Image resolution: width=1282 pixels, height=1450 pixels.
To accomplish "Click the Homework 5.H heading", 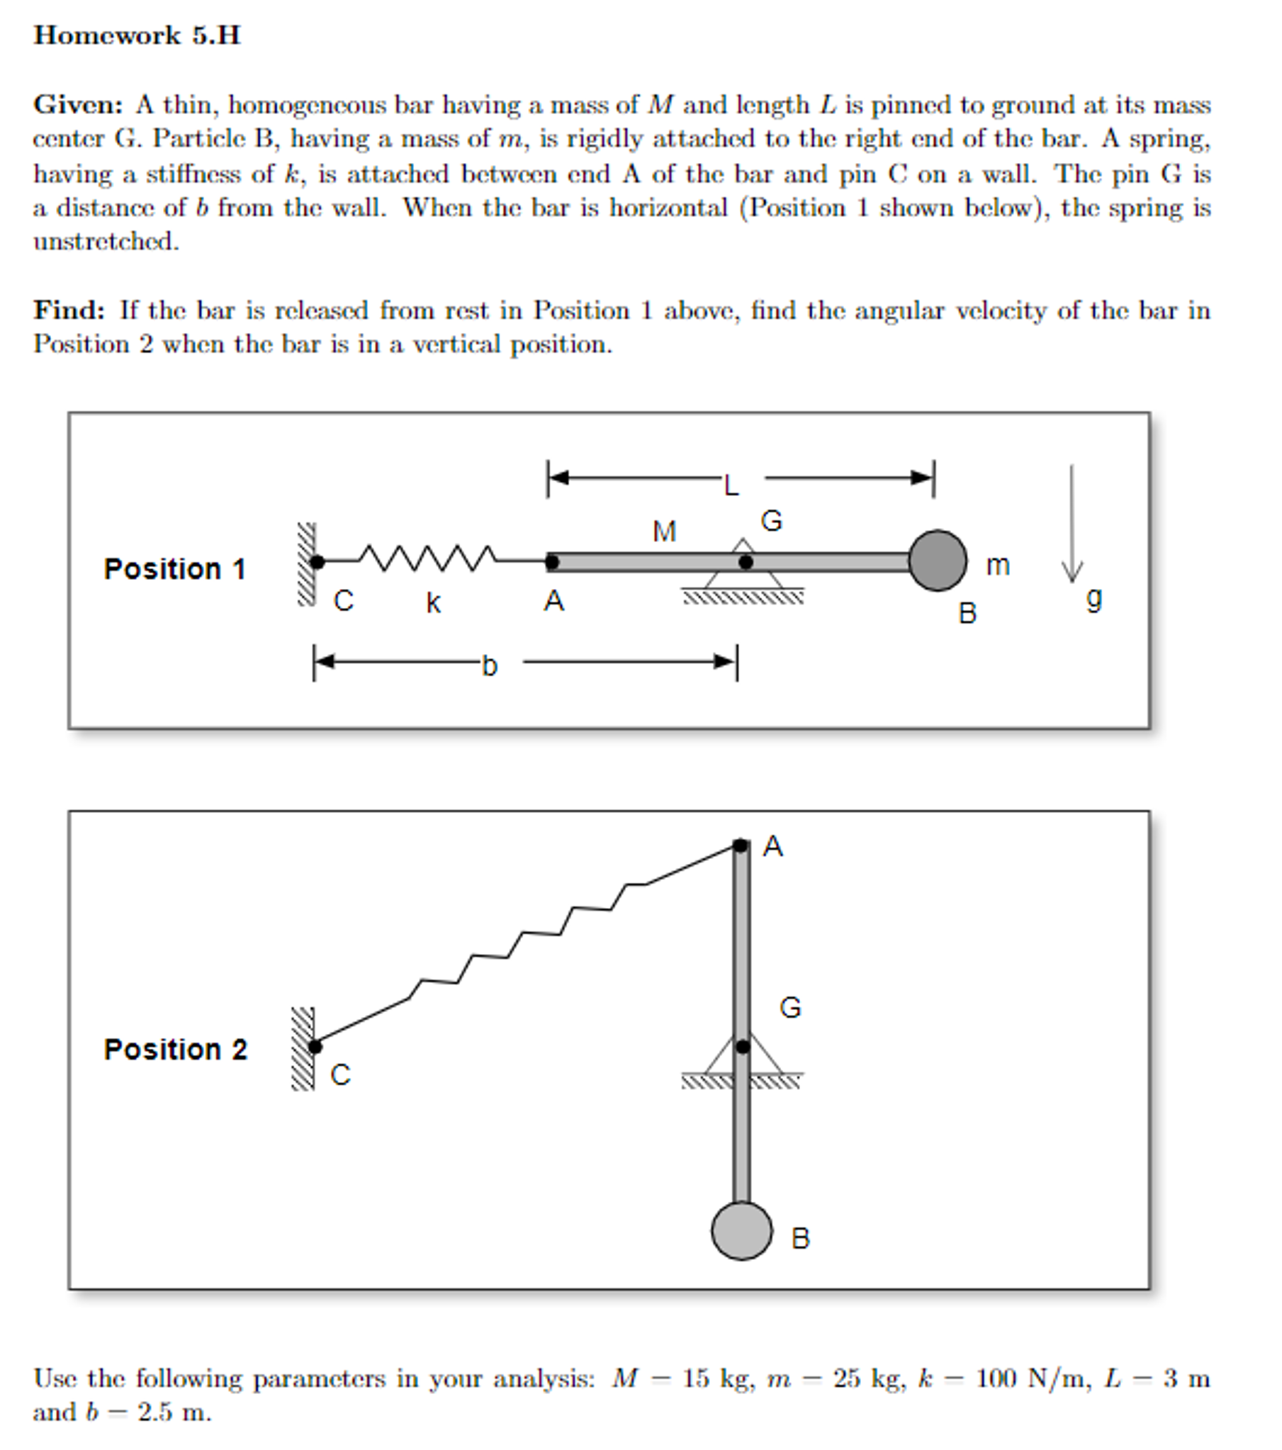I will (137, 35).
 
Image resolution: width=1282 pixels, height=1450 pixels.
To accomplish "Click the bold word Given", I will (77, 105).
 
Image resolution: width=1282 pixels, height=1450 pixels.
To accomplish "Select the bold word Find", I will (69, 310).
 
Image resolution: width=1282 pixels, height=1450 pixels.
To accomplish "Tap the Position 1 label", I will (174, 569).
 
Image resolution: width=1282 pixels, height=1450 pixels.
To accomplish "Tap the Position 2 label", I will (175, 1049).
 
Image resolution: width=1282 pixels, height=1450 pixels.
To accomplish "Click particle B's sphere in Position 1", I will (937, 561).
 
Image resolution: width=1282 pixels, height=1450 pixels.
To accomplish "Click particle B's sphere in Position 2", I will (741, 1231).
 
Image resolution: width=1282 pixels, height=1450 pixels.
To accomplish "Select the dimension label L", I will (731, 486).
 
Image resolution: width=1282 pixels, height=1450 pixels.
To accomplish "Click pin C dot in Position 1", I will (317, 562).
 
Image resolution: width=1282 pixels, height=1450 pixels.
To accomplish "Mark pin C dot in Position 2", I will (315, 1046).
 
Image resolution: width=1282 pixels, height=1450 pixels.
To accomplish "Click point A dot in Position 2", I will (740, 845).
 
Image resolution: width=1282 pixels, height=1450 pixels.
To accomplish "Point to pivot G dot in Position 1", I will (746, 562).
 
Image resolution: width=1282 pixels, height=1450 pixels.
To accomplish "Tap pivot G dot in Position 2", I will (742, 1047).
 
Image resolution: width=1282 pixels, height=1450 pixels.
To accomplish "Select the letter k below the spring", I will (433, 603).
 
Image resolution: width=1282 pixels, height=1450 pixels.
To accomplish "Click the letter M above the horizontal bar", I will (665, 532).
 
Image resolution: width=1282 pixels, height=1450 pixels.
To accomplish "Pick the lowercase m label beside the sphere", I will (998, 566).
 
